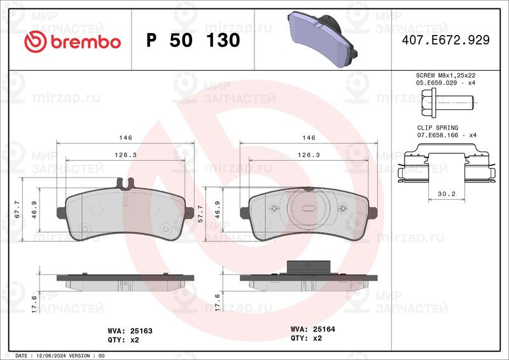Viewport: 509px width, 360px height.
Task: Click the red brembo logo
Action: point(73,41)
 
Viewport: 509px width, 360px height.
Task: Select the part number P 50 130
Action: point(193,40)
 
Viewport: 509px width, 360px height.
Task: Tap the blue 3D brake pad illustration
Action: point(323,39)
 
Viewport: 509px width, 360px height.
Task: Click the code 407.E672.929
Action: point(446,40)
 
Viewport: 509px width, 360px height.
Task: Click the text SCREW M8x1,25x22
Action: point(446,75)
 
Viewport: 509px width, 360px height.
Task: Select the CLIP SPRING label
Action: point(438,128)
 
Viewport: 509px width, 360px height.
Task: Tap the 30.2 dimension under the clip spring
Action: point(447,194)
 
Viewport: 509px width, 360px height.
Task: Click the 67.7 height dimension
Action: point(17,209)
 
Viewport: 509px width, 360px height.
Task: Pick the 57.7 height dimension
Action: point(200,214)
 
